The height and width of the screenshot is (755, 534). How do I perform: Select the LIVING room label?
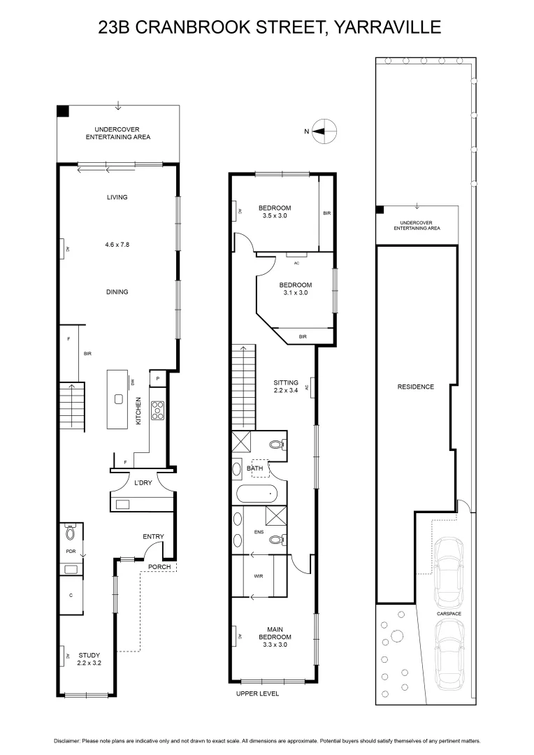tap(117, 197)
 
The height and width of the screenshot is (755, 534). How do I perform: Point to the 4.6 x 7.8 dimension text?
tap(117, 245)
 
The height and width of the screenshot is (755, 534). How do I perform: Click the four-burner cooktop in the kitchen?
tap(158, 410)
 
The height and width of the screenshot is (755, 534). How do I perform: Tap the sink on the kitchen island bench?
tap(119, 400)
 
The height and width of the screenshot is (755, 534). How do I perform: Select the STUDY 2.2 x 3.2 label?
tap(89, 658)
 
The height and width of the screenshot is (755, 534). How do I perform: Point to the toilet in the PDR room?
tap(70, 534)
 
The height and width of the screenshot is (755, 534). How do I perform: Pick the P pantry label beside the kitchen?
tap(158, 378)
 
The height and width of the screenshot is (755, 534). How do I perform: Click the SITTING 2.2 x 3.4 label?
tap(286, 387)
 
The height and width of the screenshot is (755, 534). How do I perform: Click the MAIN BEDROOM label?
tap(275, 640)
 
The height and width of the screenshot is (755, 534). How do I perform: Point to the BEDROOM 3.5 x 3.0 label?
tap(274, 212)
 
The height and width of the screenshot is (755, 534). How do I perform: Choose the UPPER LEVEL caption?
tap(259, 693)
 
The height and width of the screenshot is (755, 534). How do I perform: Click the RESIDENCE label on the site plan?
tap(415, 387)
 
